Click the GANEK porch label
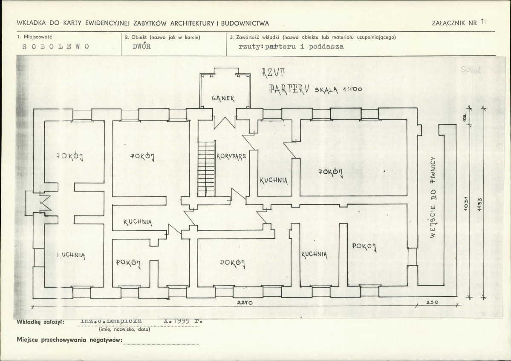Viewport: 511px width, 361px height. click(x=223, y=98)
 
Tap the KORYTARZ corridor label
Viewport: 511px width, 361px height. click(x=231, y=156)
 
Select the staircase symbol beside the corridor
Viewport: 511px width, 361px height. click(x=206, y=169)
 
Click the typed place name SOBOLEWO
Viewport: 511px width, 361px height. click(x=55, y=47)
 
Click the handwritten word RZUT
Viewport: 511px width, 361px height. click(x=271, y=72)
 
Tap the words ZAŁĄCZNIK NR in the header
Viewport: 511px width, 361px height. click(x=454, y=23)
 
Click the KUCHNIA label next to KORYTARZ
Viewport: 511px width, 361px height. click(x=274, y=180)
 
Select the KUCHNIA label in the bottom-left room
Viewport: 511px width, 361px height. click(x=71, y=255)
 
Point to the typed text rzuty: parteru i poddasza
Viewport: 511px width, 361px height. click(x=292, y=47)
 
